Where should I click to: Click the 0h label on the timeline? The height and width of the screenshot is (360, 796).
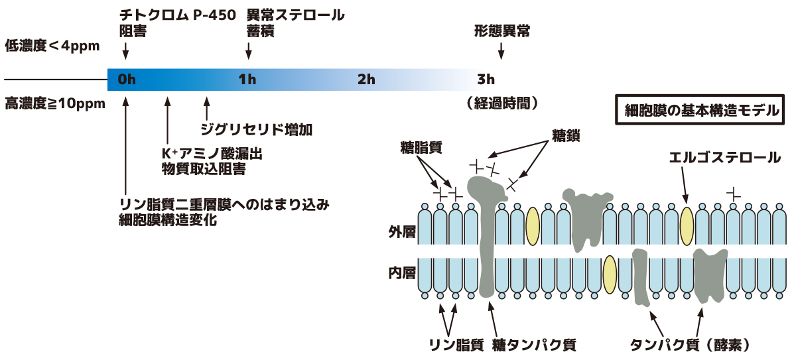click(x=127, y=79)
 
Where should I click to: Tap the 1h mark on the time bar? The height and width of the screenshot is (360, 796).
click(x=247, y=79)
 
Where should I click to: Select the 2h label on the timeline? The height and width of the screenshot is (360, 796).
click(x=366, y=79)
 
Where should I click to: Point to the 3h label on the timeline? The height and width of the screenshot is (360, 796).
click(x=486, y=79)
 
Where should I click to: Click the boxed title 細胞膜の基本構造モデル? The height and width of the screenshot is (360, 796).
click(x=700, y=109)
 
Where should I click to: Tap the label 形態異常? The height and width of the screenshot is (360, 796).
click(x=502, y=31)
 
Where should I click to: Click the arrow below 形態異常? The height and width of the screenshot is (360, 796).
click(x=501, y=51)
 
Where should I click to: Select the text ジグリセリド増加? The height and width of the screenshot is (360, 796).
click(x=257, y=129)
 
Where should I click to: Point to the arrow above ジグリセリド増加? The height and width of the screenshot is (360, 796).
click(x=206, y=108)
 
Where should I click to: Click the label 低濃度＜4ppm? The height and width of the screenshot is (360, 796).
click(x=52, y=46)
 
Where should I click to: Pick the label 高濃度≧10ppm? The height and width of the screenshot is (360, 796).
click(x=55, y=103)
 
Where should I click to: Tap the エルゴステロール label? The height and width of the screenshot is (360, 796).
click(x=724, y=158)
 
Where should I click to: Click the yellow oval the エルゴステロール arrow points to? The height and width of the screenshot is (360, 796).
click(x=687, y=226)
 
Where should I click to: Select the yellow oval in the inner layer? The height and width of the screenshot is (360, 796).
click(x=610, y=274)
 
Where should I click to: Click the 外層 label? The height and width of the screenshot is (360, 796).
click(x=402, y=232)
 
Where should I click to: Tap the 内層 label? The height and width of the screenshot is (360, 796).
click(x=402, y=273)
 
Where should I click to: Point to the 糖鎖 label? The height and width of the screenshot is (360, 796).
click(x=566, y=136)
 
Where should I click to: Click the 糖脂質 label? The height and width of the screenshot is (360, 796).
click(x=421, y=147)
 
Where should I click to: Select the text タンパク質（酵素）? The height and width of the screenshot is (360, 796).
click(x=690, y=345)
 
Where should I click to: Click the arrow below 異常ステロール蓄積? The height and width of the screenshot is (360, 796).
click(x=249, y=51)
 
